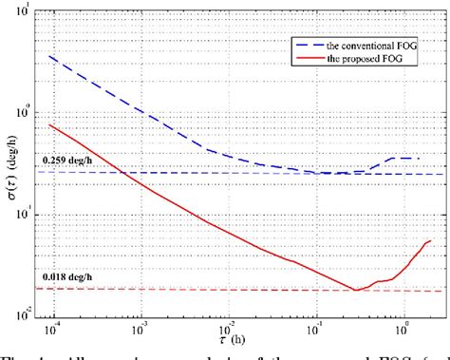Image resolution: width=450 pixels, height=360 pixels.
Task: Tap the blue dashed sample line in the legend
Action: click(x=305, y=44)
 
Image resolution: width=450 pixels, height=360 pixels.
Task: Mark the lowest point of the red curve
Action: click(x=355, y=290)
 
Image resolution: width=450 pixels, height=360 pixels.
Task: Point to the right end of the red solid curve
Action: click(x=430, y=240)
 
